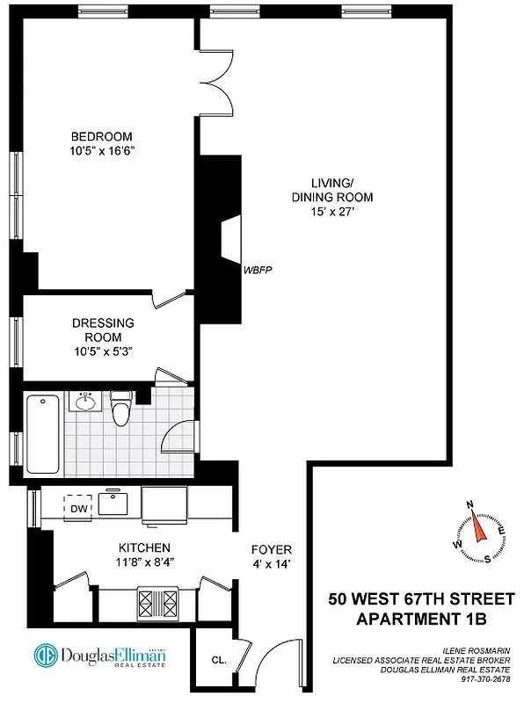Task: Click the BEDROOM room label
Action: [101, 136]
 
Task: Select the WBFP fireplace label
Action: [256, 270]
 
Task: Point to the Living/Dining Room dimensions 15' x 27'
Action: [327, 212]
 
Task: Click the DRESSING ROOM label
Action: [103, 330]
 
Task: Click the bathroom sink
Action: [85, 403]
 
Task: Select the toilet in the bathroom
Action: [120, 409]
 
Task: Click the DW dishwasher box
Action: [77, 508]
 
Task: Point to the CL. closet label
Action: [219, 659]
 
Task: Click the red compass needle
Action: [478, 528]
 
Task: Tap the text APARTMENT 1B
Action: [419, 619]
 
